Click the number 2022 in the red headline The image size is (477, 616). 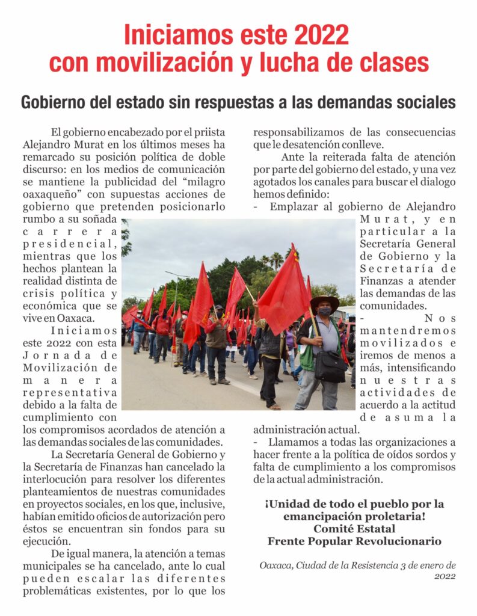tap(320, 34)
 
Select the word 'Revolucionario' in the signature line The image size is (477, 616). tap(398, 541)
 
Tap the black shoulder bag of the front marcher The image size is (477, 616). tap(330, 363)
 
